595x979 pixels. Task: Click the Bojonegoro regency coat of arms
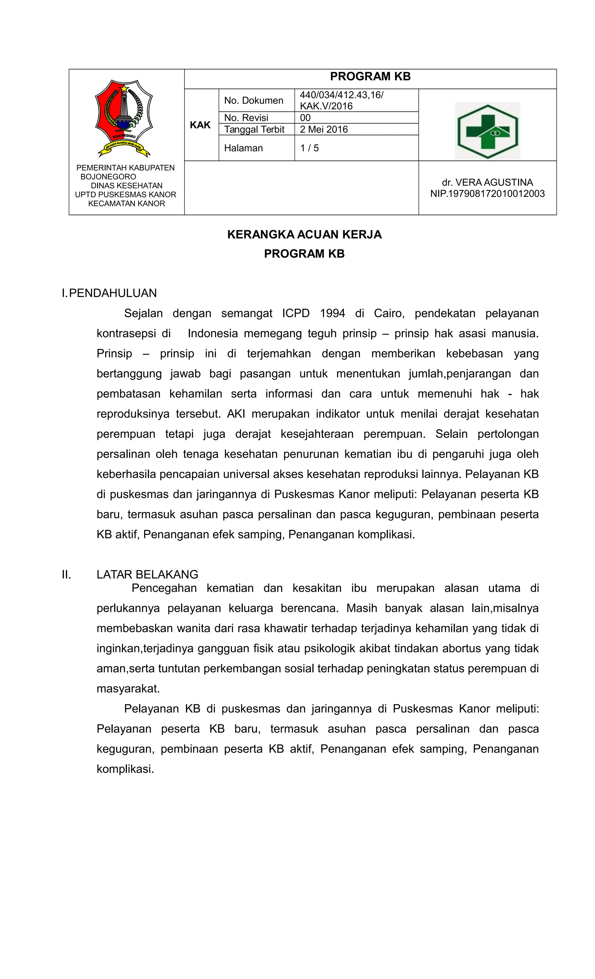124,118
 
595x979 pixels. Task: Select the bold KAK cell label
200,125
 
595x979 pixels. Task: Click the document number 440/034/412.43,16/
341,95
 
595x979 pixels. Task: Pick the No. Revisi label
246,118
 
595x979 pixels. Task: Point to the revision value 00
305,118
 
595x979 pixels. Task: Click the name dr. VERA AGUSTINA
487,182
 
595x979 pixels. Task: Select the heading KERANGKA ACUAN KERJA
304,235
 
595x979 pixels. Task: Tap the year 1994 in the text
332,313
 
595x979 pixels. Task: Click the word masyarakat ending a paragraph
128,688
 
